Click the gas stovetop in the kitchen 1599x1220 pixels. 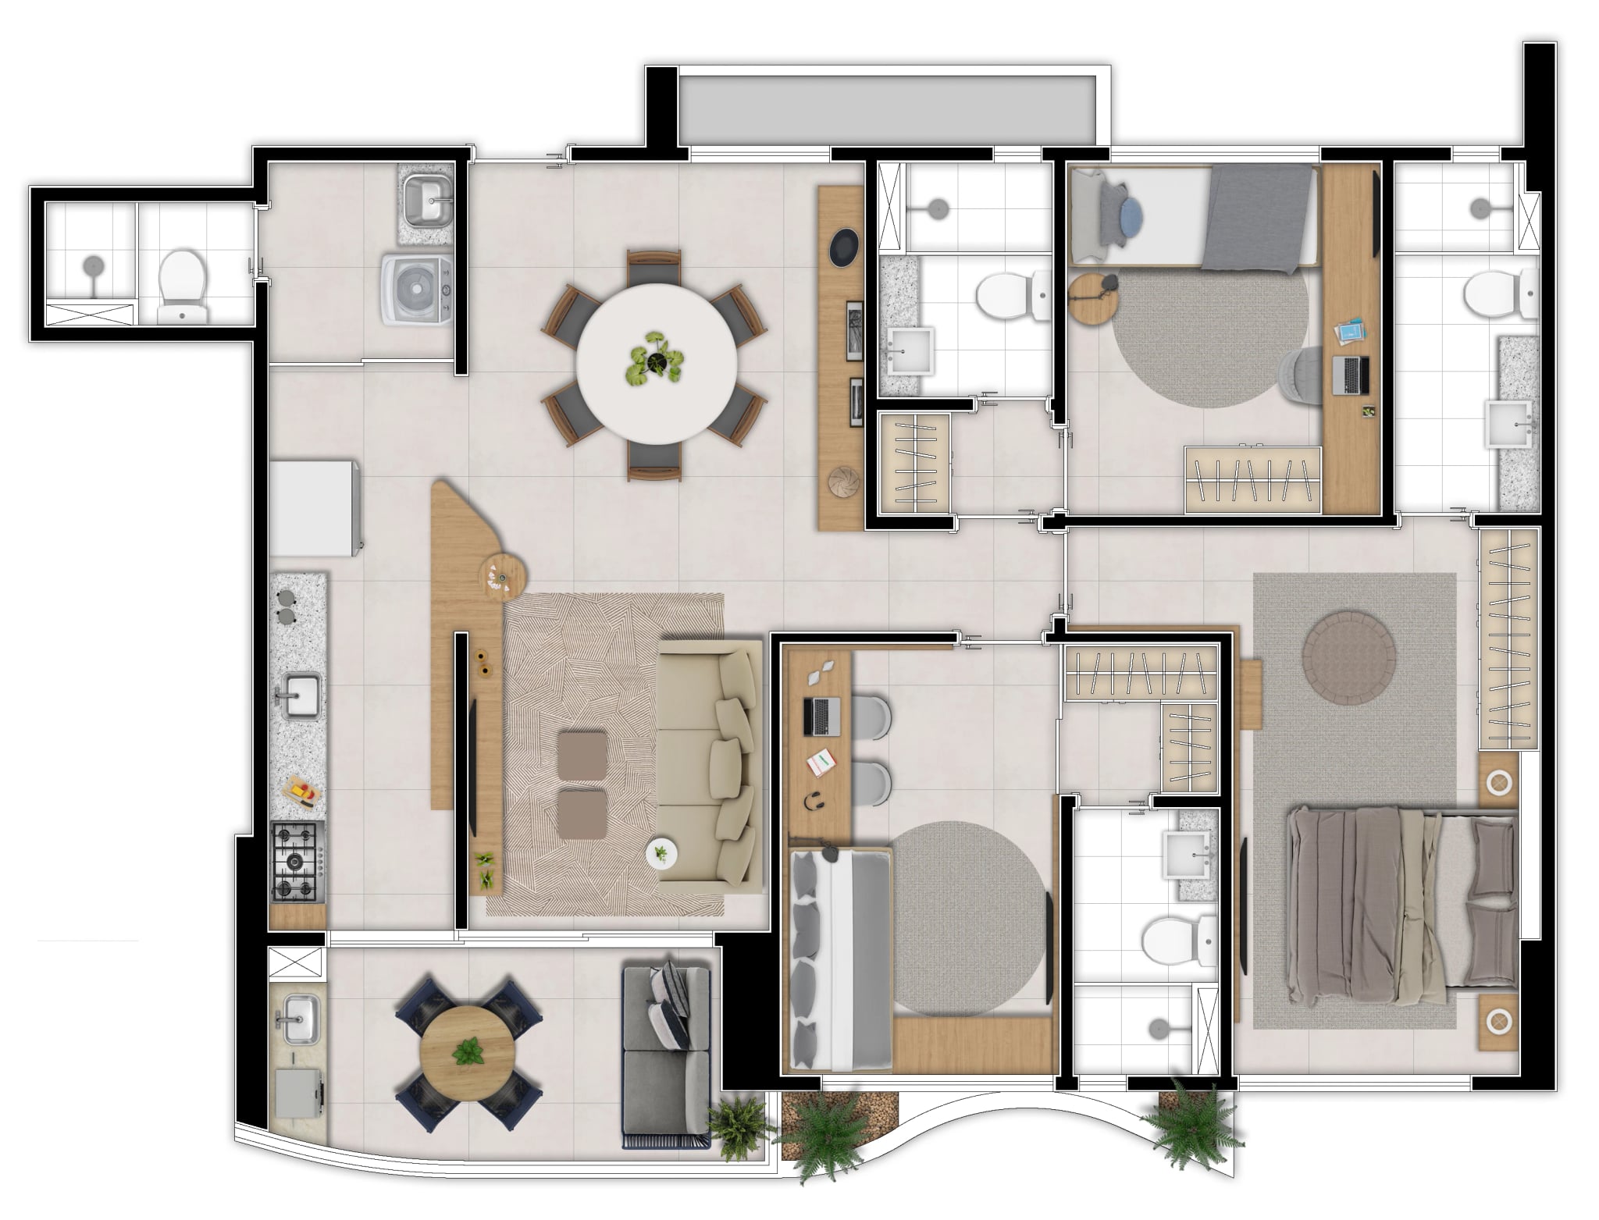click(x=296, y=861)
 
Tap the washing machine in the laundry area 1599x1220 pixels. click(x=417, y=287)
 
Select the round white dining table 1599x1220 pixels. click(x=656, y=364)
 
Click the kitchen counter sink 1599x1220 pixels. click(x=301, y=695)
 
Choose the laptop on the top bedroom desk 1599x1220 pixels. click(x=1351, y=375)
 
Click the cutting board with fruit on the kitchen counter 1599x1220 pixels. click(x=301, y=793)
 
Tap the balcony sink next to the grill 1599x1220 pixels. click(x=300, y=1019)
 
